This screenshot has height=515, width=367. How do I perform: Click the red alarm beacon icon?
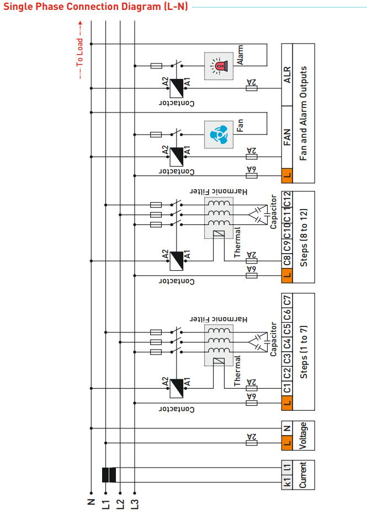(219, 66)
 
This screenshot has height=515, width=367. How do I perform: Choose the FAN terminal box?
(286, 136)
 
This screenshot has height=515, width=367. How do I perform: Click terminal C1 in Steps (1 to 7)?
(286, 388)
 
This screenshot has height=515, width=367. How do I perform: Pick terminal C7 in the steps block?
(286, 301)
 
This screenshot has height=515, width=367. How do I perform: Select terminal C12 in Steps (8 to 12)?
(286, 198)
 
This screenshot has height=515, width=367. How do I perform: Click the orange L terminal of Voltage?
(286, 442)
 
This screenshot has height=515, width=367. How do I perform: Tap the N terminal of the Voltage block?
(286, 428)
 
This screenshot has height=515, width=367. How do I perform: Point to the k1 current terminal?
(286, 482)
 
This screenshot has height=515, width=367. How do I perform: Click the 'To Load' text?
(79, 52)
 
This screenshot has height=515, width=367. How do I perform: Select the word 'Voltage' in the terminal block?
(303, 435)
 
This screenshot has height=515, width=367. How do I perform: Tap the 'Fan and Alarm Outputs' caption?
(303, 114)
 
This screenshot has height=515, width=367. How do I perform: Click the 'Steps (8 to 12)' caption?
(303, 237)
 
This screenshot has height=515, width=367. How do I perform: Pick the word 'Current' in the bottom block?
(302, 475)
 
